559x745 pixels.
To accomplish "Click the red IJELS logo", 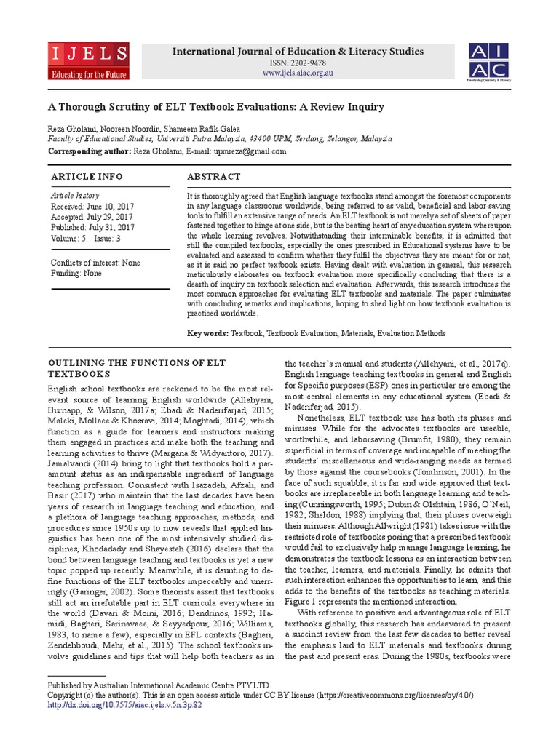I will tap(89, 61).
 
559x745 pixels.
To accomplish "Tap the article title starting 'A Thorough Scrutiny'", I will tap(215, 107).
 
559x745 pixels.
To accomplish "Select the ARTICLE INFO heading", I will tap(87, 177).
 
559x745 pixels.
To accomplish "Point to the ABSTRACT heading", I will tap(213, 177).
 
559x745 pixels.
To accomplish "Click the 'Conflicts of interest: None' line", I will tap(95, 263).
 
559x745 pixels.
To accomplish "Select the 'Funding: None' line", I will tap(76, 273).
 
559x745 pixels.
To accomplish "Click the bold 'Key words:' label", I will tap(207, 333).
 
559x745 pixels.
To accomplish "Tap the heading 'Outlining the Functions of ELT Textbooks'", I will tap(136, 368).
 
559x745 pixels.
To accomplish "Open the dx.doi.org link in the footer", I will tap(124, 705).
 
